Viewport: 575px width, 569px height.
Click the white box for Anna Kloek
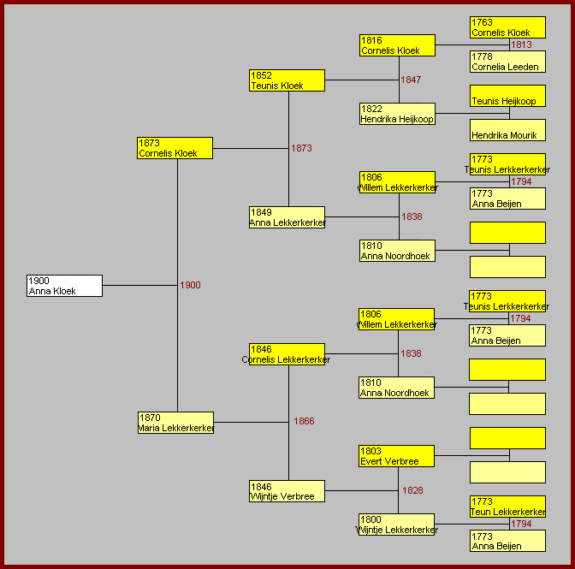64,286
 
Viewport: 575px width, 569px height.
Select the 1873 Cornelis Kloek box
175,148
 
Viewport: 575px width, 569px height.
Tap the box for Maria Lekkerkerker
175,423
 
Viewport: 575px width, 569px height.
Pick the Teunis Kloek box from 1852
287,80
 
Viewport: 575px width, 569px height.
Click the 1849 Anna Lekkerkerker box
287,217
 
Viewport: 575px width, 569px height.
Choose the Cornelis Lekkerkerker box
287,354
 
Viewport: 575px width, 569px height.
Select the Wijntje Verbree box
287,491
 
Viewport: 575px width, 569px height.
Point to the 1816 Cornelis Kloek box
398,45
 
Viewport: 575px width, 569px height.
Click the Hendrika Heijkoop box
398,114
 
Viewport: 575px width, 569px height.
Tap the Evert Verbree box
396,456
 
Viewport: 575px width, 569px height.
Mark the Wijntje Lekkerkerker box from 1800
396,525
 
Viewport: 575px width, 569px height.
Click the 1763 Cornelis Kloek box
507,27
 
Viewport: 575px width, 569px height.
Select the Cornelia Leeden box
507,62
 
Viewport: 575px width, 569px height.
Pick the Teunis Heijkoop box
507,96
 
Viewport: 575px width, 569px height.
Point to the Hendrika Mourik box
507,130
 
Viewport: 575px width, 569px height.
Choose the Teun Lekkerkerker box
507,507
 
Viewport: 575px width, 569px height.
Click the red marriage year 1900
190,285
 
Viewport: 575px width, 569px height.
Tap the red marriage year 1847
411,80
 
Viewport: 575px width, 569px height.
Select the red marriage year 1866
304,421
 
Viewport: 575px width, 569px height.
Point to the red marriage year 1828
412,490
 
